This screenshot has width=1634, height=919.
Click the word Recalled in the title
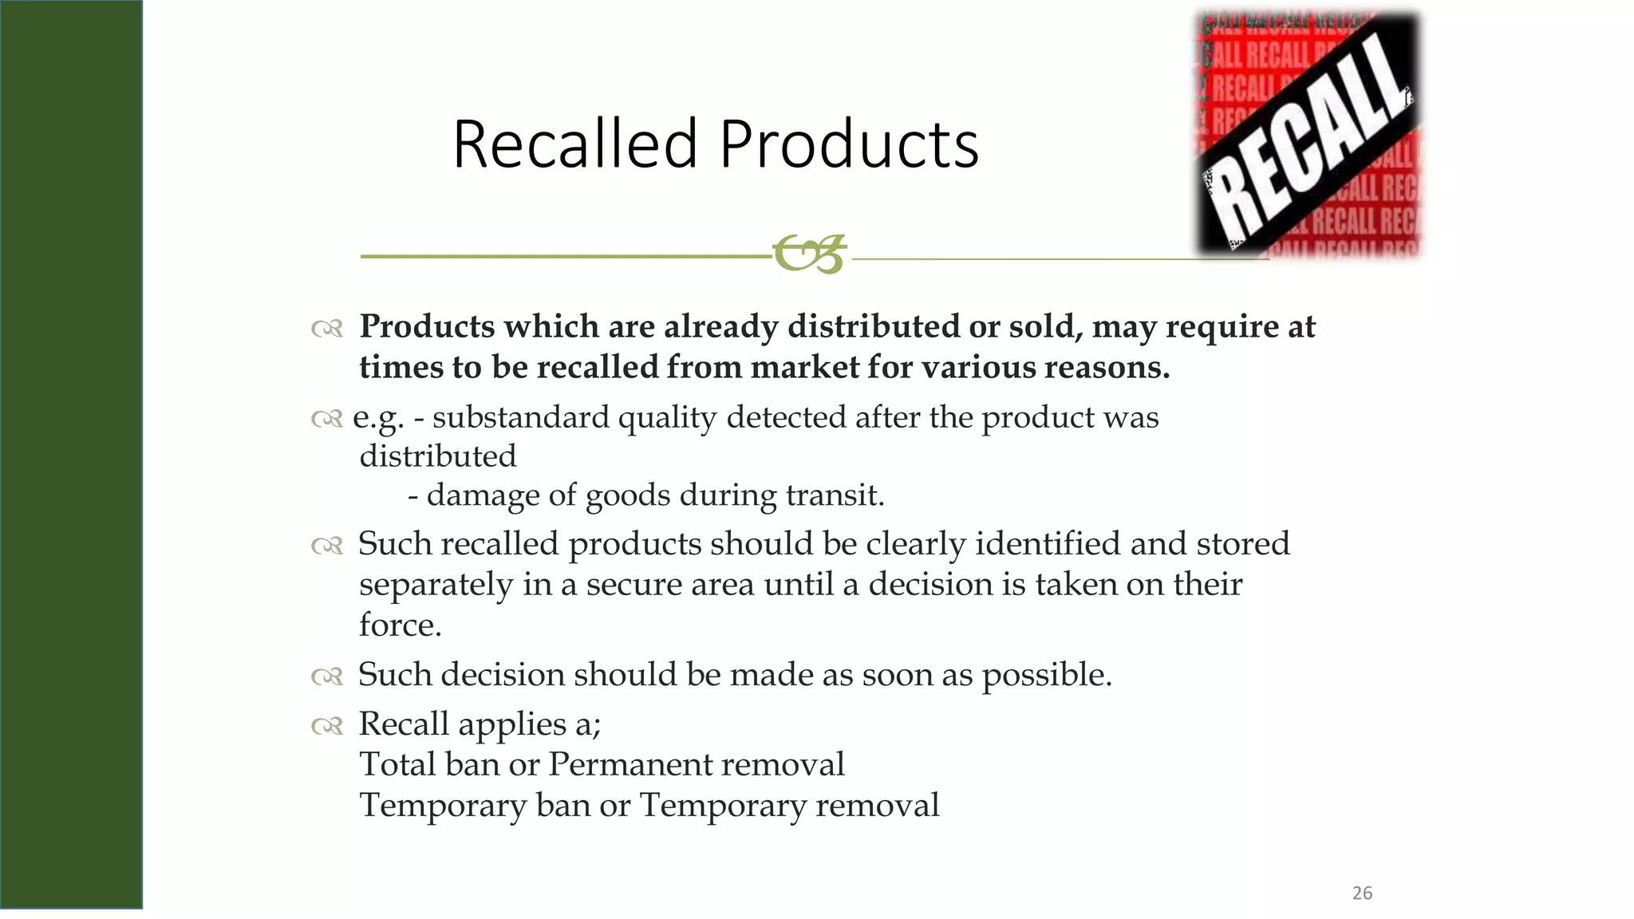[575, 144]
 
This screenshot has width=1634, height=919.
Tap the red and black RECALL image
[1308, 134]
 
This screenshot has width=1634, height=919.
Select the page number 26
[1362, 893]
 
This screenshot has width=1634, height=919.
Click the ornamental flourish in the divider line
[809, 254]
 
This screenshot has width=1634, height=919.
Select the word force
[399, 625]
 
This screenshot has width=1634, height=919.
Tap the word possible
[1046, 675]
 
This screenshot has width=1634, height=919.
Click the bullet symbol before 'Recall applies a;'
[327, 725]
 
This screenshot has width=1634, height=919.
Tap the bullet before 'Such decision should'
[327, 676]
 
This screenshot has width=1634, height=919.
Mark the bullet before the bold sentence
[327, 328]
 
